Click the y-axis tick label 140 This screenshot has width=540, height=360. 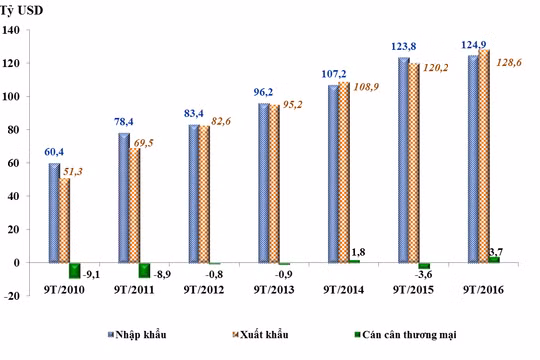pyautogui.click(x=13, y=30)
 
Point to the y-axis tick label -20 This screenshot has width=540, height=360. pyautogui.click(x=13, y=295)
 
